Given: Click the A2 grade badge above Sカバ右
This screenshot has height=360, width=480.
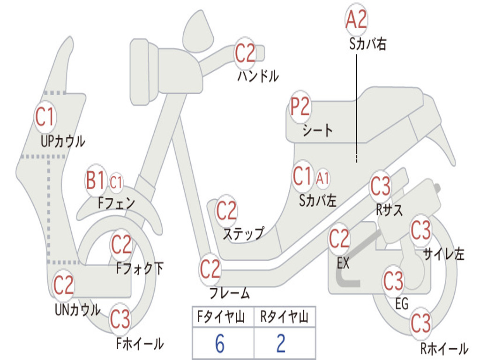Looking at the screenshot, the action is tap(356, 19).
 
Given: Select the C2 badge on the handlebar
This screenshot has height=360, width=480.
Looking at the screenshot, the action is tap(245, 53).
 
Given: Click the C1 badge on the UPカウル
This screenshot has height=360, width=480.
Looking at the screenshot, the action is tap(45, 117).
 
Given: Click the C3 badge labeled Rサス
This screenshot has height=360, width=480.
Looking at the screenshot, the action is tap(380, 187).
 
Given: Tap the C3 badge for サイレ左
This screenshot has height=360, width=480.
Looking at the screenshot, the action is tap(420, 230).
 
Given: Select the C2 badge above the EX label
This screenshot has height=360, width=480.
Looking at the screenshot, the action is tap(339, 239).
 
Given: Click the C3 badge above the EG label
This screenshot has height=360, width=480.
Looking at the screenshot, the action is tap(393, 281).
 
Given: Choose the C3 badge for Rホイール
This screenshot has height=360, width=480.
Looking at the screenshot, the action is tap(420, 323).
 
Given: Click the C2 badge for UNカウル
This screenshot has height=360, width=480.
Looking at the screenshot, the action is tap(63, 285).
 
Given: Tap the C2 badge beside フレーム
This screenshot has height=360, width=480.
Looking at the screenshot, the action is tap(210, 269).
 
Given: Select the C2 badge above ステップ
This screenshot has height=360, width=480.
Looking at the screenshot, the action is tap(226, 211).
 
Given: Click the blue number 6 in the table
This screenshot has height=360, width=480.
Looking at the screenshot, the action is tap(219, 344).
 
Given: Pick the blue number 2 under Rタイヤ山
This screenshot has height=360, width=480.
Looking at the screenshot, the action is tap(281, 344).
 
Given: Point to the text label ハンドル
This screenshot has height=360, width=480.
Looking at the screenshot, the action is tap(257, 75).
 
